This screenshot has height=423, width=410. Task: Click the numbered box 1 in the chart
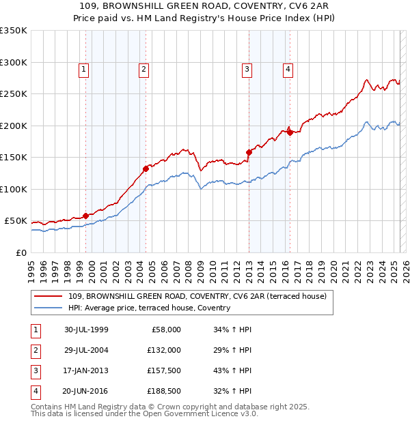pos(83,68)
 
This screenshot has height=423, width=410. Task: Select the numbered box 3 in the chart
pos(247,68)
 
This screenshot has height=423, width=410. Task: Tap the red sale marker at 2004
pos(146,169)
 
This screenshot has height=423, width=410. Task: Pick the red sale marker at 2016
pos(290,132)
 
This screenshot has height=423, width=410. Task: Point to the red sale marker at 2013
pos(249,152)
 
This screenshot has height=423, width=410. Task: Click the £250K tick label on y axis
pos(14,93)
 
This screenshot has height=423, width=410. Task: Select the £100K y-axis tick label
pos(14,189)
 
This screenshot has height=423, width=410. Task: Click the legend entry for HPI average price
pos(149,308)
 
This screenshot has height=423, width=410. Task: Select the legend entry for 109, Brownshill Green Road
pos(197,296)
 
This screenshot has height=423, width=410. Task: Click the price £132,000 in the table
pos(165,350)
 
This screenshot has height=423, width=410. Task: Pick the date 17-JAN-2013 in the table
pos(86,370)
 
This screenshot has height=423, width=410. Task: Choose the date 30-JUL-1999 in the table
pos(86,330)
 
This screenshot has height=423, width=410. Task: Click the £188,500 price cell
pos(165,391)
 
